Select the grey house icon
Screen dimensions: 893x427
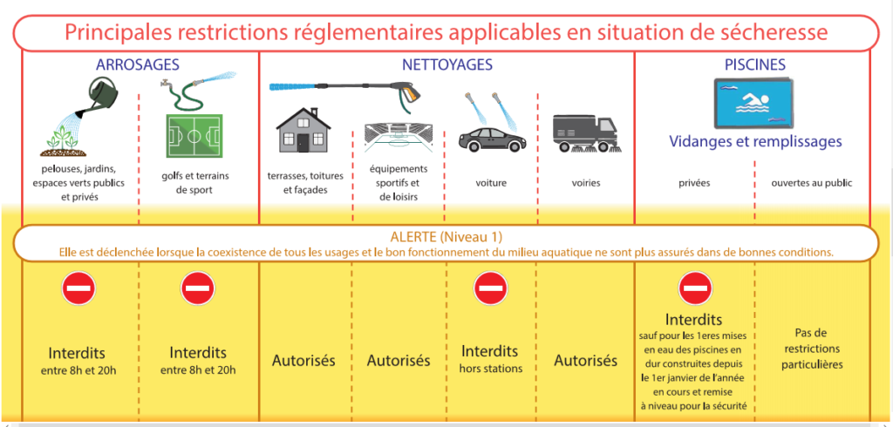302,131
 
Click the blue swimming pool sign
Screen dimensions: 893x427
753,103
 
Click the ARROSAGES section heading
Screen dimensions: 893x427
138,64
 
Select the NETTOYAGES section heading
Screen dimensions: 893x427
447,64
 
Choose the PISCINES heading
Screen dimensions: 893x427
755,64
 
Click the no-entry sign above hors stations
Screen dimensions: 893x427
490,288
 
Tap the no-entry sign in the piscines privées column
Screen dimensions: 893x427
695,288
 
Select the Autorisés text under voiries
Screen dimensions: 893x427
585,361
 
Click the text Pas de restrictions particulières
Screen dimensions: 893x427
812,349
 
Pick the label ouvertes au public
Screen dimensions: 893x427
812,184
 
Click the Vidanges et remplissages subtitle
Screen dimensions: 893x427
755,140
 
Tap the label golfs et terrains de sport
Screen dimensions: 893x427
194,183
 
